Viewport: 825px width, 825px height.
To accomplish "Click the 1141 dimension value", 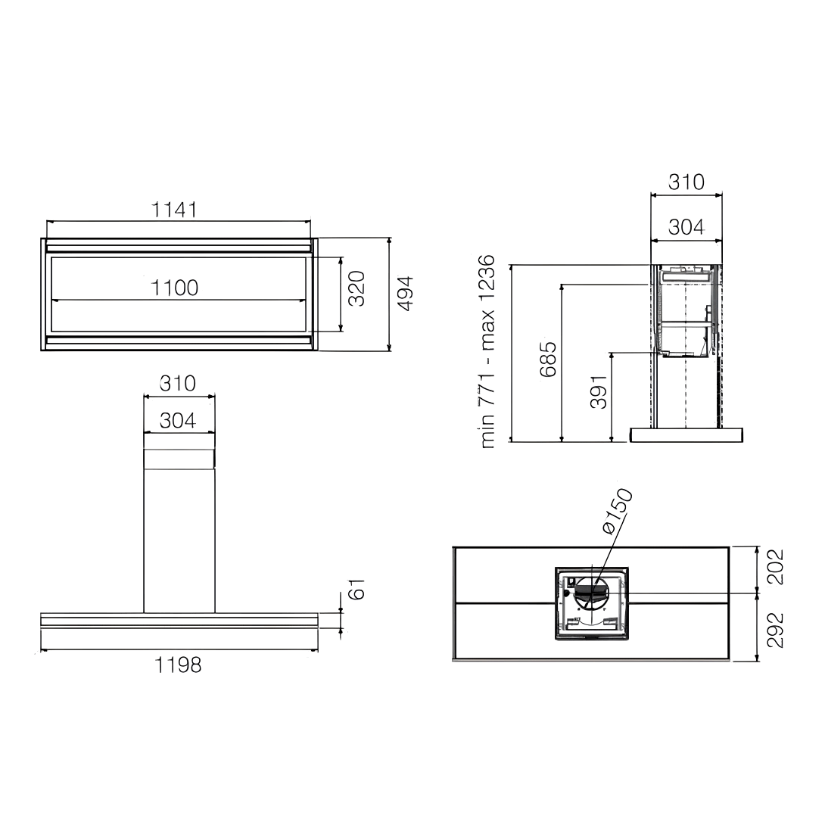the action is click(x=174, y=210).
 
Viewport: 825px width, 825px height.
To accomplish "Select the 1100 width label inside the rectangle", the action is click(x=174, y=288).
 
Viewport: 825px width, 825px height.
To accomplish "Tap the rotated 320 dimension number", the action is click(x=356, y=288).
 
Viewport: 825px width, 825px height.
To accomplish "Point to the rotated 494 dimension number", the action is click(x=406, y=293).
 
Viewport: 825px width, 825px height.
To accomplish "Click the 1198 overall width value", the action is click(x=178, y=665).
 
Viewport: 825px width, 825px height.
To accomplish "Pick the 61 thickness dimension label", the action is click(x=356, y=589).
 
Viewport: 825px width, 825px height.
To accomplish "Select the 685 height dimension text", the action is click(x=548, y=360).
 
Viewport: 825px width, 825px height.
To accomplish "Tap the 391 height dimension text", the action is click(x=599, y=391).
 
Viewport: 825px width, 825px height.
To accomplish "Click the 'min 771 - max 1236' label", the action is click(x=487, y=351).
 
